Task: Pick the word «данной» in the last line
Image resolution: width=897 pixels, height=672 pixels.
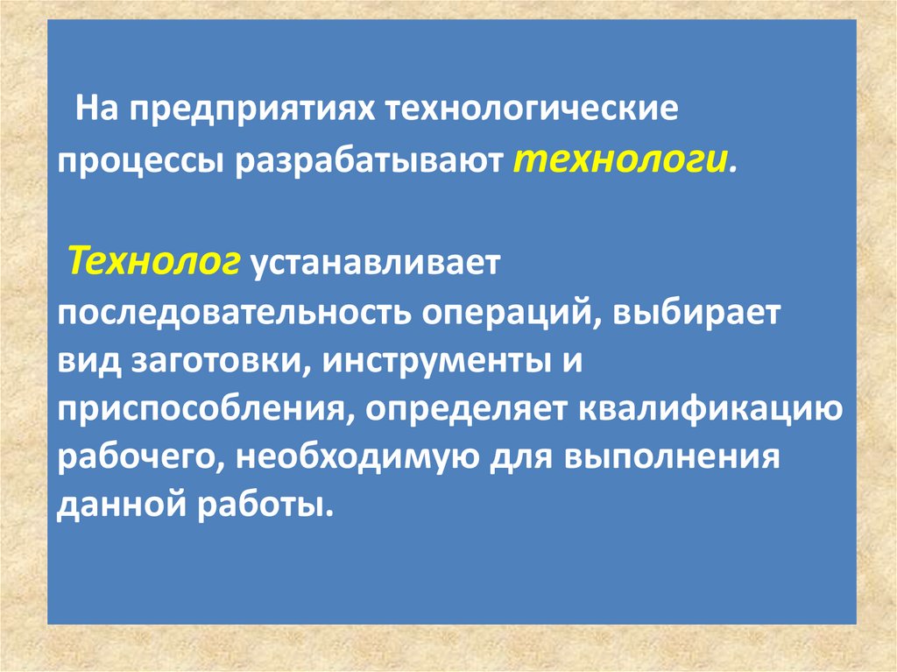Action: [115, 507]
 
